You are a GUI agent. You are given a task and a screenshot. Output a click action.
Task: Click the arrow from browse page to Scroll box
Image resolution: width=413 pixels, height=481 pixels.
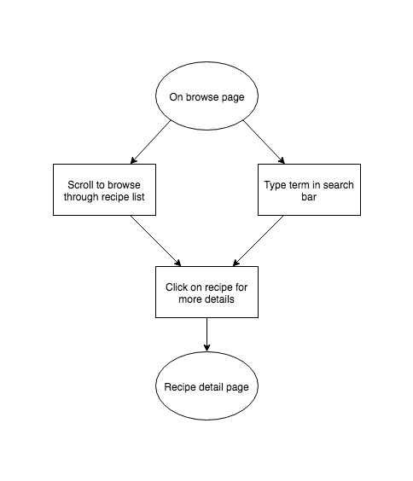(x=150, y=142)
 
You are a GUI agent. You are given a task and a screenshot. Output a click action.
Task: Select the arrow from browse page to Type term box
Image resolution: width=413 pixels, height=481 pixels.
(x=264, y=142)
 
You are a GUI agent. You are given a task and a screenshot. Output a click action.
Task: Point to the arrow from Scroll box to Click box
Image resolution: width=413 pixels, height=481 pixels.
(x=155, y=240)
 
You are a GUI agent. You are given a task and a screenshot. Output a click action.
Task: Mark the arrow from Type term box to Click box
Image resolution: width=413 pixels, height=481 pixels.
(x=259, y=240)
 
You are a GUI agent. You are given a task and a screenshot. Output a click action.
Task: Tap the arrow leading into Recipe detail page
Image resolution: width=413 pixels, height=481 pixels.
(x=206, y=334)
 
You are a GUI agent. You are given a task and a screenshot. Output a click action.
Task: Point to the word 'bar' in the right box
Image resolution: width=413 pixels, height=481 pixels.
(x=309, y=197)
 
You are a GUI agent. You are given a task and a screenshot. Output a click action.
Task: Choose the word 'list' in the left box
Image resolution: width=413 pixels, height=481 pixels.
(x=138, y=197)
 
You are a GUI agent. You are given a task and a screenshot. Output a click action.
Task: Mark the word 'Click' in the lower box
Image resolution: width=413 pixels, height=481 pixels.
(x=177, y=287)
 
